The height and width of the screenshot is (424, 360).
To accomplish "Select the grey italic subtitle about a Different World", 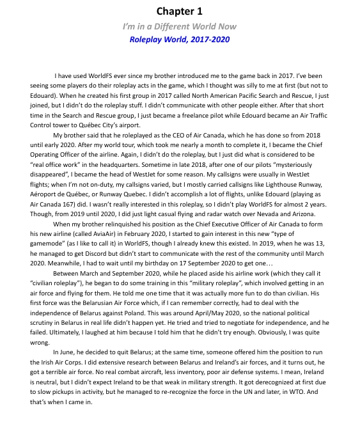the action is pyautogui.click(x=179, y=26).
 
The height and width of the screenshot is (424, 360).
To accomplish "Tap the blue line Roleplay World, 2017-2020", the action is pyautogui.click(x=179, y=39).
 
